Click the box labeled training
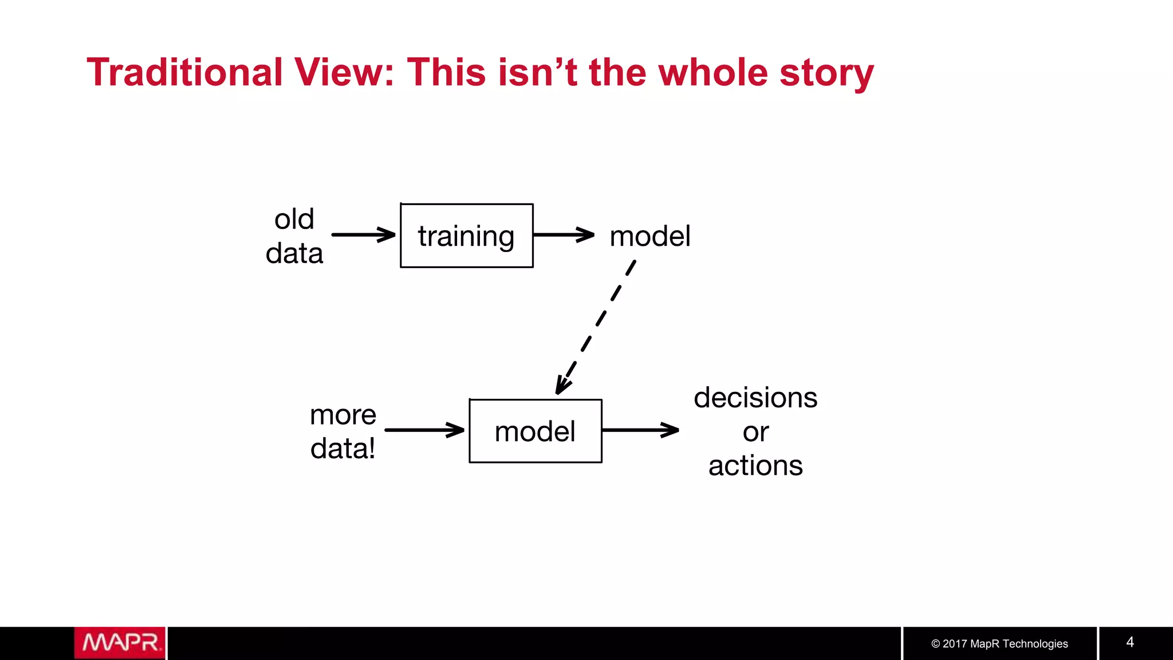[x=466, y=235]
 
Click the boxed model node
[x=535, y=431]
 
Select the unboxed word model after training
[x=650, y=236]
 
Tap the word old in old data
[x=294, y=219]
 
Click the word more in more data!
[x=343, y=414]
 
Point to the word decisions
[x=755, y=398]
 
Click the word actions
[x=755, y=465]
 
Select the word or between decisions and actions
[x=755, y=431]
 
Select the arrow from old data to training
[x=363, y=234]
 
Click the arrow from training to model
[x=564, y=234]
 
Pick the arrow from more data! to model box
[x=424, y=430]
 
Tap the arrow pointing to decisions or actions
[x=640, y=430]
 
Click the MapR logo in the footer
[x=120, y=643]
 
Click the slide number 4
[x=1129, y=642]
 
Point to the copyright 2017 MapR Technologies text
[x=999, y=643]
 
